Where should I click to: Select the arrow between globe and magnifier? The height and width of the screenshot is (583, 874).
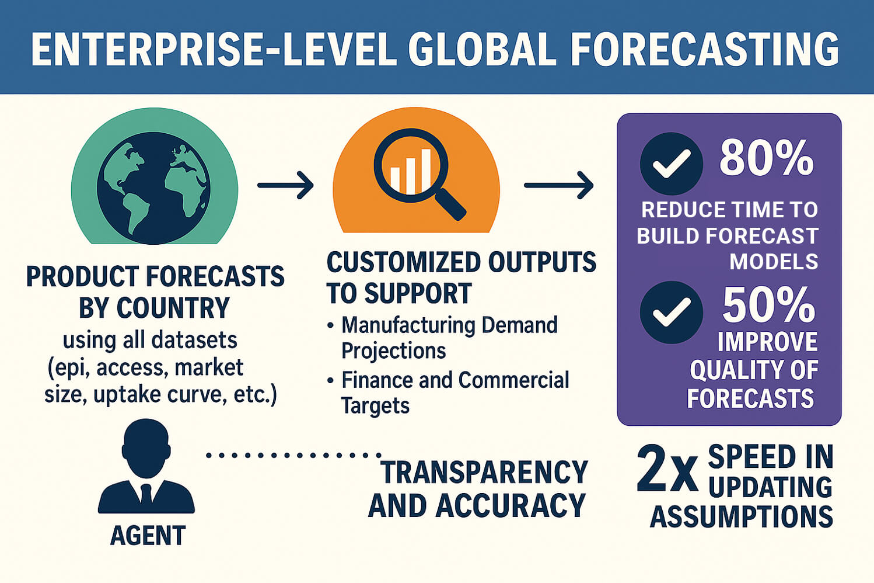[285, 185]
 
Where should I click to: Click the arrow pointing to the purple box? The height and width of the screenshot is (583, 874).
[558, 185]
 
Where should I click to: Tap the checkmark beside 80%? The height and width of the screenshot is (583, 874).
[671, 164]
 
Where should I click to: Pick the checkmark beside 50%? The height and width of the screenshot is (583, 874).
[671, 312]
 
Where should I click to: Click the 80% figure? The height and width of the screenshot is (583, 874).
[766, 158]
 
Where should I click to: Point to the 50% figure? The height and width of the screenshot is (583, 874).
[768, 305]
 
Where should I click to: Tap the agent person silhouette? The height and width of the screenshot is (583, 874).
[146, 467]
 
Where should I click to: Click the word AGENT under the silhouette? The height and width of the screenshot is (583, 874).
[148, 536]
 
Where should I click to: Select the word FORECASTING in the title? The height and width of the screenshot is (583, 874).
[704, 49]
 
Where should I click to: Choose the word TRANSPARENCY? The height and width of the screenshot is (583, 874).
[484, 473]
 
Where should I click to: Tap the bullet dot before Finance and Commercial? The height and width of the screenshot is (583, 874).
[331, 380]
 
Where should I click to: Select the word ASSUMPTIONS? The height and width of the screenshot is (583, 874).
[741, 517]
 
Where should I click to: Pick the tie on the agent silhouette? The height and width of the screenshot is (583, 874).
[146, 494]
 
